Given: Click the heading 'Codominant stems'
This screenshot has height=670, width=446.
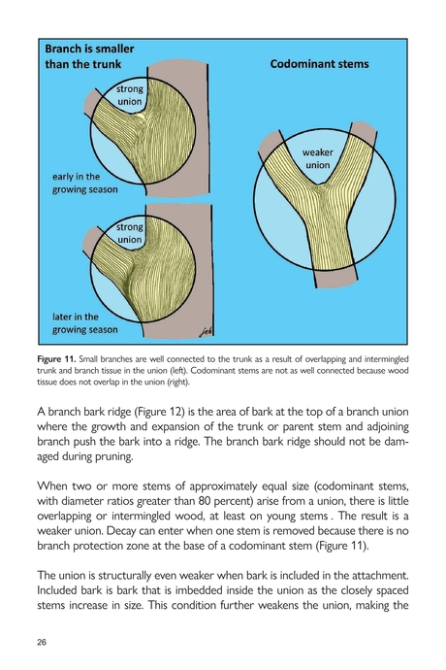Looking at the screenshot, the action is (x=319, y=64).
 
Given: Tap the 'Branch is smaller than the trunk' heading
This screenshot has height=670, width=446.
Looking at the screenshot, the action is (x=89, y=56).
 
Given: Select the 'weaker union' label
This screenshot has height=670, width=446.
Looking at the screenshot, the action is (x=318, y=158).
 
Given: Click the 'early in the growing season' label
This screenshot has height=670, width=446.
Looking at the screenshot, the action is (x=85, y=183).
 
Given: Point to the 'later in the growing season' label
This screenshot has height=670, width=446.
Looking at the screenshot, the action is (x=85, y=323).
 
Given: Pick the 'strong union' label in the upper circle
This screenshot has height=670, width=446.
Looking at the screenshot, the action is (x=130, y=95).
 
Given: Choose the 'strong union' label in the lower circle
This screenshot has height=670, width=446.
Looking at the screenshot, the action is (x=130, y=233).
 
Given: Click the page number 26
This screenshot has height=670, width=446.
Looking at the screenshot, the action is (x=42, y=642).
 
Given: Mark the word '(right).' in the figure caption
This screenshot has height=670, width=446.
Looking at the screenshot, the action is (x=178, y=382).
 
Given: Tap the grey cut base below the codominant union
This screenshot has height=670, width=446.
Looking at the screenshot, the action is (x=335, y=278).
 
